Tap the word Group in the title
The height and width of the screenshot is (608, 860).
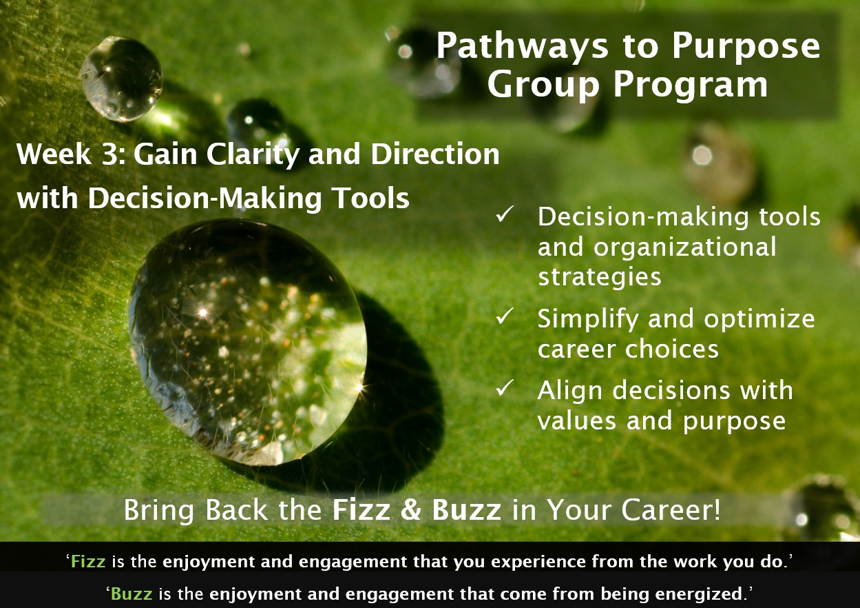[x=543, y=85]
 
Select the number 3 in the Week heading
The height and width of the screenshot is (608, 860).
[x=112, y=154]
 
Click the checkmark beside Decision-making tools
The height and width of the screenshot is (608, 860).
[x=505, y=214]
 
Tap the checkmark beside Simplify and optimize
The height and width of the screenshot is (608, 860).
[x=505, y=316]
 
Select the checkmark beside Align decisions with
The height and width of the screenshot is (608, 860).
[x=505, y=387]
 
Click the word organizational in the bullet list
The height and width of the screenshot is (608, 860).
[x=684, y=248]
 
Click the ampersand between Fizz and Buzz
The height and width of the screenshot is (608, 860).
[x=411, y=510]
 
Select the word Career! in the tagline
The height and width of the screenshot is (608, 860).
[x=671, y=510]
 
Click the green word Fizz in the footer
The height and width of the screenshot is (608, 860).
[x=88, y=562]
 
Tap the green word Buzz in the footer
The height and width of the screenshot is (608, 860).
[x=132, y=594]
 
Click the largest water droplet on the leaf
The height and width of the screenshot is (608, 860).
[x=248, y=342]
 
